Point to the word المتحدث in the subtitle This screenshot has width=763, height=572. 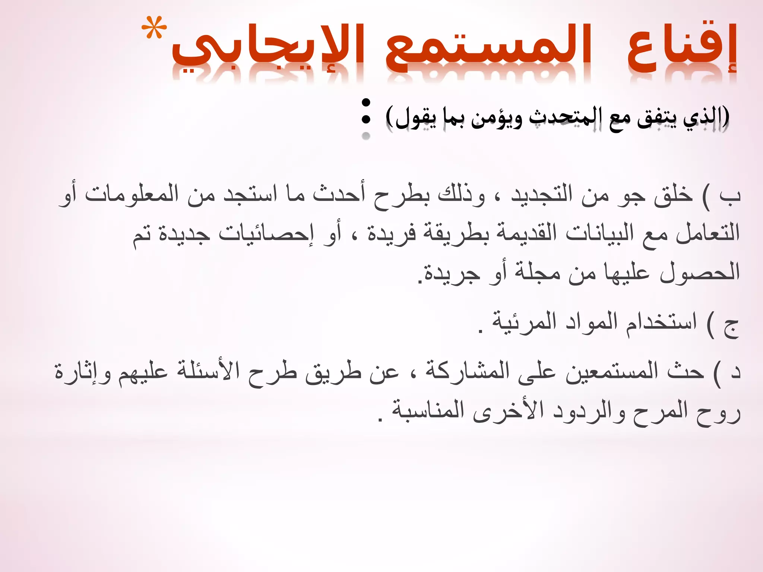pos(567,117)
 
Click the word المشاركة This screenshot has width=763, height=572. pos(467,371)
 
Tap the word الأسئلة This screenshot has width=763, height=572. pos(208,371)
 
